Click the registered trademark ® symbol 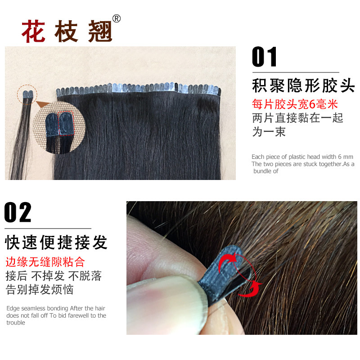(117, 18)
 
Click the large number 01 (265, 58)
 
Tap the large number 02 (18, 212)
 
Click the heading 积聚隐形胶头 (303, 86)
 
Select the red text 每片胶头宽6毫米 (295, 105)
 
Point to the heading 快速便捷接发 (57, 242)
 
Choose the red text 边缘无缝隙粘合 (45, 262)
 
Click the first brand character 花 (33, 31)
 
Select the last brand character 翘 (99, 31)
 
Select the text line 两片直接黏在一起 (298, 118)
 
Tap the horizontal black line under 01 (295, 72)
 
